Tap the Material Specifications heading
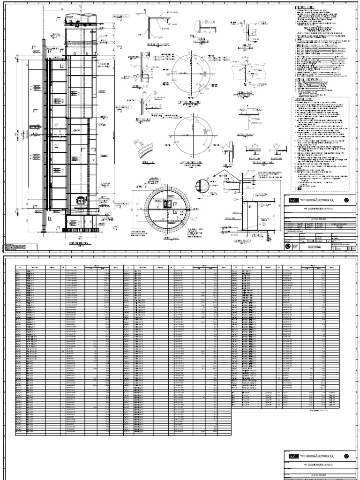(x=307, y=80)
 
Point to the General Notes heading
(x=303, y=100)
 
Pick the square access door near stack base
(x=80, y=202)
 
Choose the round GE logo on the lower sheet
(x=346, y=456)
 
